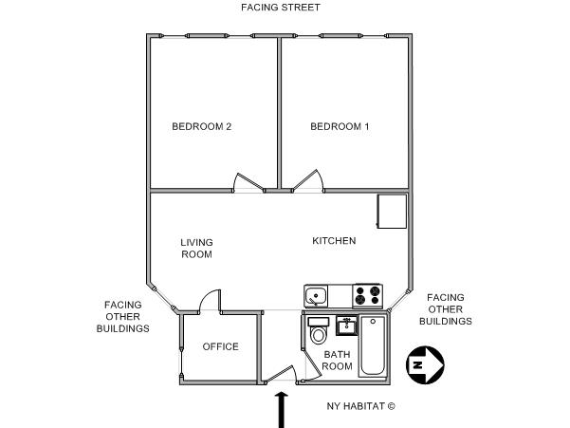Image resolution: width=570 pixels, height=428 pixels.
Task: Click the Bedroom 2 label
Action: pyautogui.click(x=201, y=126)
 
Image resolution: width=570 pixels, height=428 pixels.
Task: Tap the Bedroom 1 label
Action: pyautogui.click(x=340, y=126)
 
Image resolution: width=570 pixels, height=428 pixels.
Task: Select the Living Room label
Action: pyautogui.click(x=196, y=249)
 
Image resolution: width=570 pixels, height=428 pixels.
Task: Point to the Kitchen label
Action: pyautogui.click(x=334, y=241)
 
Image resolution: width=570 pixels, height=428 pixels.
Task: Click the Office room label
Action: pyautogui.click(x=221, y=346)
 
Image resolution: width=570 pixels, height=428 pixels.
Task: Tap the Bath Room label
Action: pyautogui.click(x=337, y=361)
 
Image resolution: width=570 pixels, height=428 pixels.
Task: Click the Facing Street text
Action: pyautogui.click(x=281, y=8)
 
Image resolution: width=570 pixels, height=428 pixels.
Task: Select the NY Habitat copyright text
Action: pyautogui.click(x=360, y=406)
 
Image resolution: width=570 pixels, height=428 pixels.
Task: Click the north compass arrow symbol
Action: pyautogui.click(x=425, y=365)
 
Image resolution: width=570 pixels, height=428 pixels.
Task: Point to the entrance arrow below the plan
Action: pyautogui.click(x=281, y=410)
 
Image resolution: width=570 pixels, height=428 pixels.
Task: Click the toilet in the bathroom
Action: pyautogui.click(x=319, y=330)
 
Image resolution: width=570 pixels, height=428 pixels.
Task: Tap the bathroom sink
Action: pyautogui.click(x=346, y=326)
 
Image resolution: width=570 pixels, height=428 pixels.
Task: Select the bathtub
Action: pyautogui.click(x=372, y=346)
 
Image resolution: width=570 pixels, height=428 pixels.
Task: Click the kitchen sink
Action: pyautogui.click(x=316, y=296)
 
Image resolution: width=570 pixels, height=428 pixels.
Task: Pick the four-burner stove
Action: pyautogui.click(x=367, y=296)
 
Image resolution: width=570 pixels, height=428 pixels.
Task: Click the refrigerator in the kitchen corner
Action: pyautogui.click(x=392, y=212)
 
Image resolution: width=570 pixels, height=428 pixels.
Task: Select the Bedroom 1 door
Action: pyautogui.click(x=307, y=180)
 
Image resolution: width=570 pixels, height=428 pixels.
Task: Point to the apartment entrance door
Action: pyautogui.click(x=280, y=373)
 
